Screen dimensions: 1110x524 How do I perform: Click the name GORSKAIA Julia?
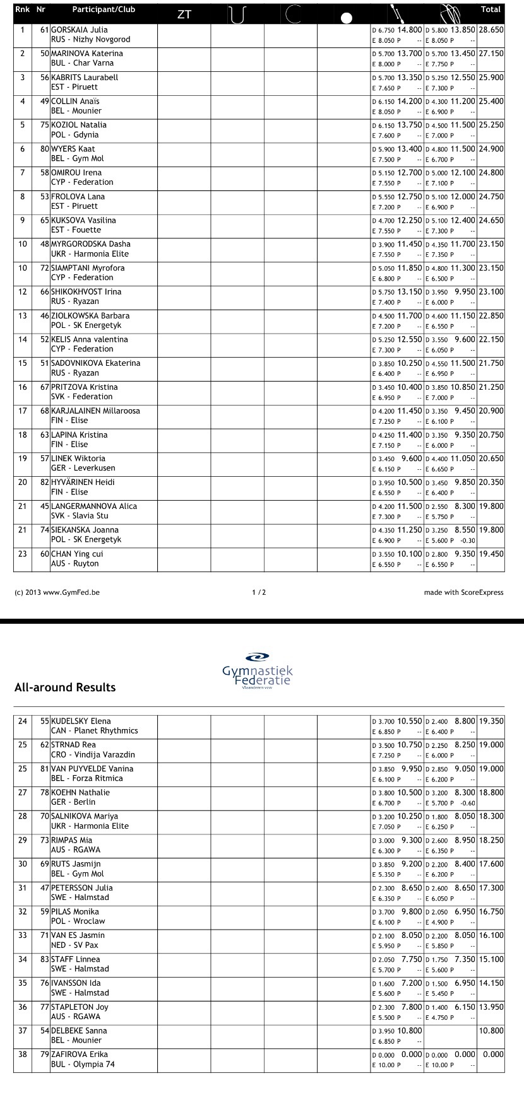point(79,30)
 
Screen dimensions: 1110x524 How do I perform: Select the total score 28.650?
point(491,30)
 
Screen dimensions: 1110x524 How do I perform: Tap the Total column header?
point(491,9)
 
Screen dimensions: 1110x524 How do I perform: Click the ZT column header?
point(184,15)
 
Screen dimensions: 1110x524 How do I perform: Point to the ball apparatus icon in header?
point(346,18)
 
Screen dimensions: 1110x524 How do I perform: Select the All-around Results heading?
point(65,687)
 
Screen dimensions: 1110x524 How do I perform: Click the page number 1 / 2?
point(259,592)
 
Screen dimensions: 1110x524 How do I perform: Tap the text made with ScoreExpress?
point(463,592)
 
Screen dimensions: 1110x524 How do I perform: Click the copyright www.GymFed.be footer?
point(57,592)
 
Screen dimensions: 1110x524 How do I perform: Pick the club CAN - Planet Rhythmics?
point(94,731)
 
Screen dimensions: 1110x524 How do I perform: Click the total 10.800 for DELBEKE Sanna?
point(491,1031)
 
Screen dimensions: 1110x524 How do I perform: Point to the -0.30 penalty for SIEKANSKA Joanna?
point(468,540)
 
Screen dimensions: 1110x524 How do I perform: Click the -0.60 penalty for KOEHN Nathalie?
point(468,803)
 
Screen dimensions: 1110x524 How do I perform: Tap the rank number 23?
point(23,554)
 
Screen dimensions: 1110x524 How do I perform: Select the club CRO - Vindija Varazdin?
point(93,755)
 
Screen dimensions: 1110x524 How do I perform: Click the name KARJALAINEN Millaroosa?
point(95,411)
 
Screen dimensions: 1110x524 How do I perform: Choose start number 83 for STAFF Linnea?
point(44,959)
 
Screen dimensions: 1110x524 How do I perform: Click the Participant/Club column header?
point(104,9)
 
